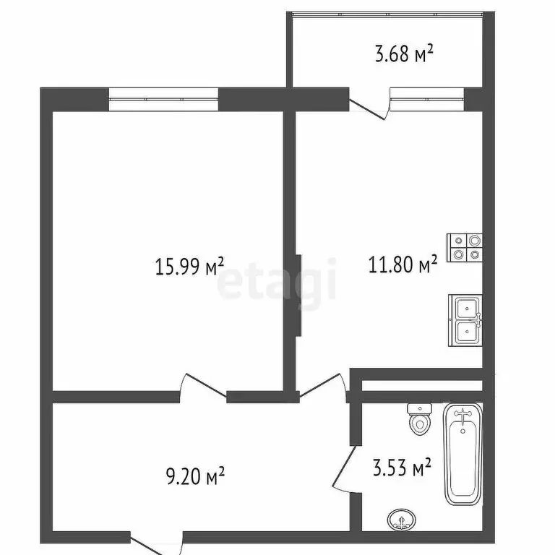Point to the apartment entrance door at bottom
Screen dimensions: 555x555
point(156,543)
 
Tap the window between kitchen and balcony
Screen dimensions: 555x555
point(427,97)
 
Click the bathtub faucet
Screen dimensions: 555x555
point(462,414)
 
